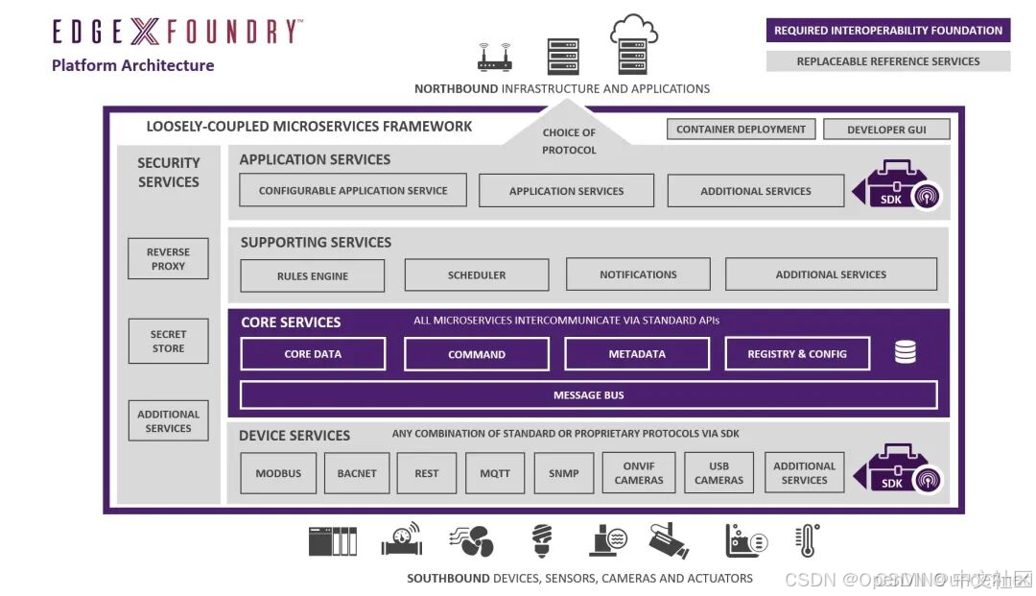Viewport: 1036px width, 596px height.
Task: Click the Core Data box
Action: [313, 354]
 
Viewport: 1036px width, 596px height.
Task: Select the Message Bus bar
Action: [588, 395]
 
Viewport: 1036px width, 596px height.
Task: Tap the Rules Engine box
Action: [312, 275]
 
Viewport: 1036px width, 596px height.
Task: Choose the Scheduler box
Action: [477, 274]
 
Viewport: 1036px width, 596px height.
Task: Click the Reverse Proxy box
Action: [168, 259]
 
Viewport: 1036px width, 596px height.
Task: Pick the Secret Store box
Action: [168, 342]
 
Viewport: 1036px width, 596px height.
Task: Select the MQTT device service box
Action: [495, 473]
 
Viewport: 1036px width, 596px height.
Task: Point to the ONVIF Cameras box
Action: [639, 473]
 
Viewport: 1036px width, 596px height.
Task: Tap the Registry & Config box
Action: [797, 354]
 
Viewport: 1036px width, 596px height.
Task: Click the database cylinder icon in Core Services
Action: [905, 352]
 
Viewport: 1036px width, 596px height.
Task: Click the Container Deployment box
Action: [742, 130]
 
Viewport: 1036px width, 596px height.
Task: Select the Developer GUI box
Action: [886, 130]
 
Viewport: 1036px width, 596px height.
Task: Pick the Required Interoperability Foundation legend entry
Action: [888, 31]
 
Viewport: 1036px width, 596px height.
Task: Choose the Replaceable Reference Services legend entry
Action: [888, 61]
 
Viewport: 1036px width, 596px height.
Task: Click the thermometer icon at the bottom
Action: [808, 541]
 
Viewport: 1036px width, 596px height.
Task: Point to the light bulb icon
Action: [542, 541]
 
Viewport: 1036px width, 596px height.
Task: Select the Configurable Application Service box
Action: [353, 190]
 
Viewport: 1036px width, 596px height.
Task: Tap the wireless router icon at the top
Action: [495, 57]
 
